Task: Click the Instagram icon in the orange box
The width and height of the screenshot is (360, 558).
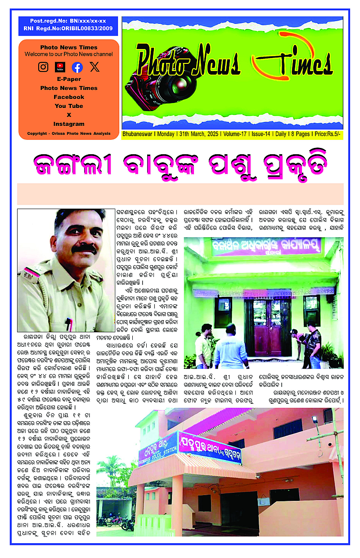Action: (43, 67)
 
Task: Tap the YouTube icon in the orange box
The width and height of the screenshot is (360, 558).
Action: (60, 67)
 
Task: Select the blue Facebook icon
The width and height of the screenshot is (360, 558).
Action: (77, 67)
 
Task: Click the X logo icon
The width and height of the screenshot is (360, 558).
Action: (94, 67)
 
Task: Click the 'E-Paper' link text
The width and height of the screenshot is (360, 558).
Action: (69, 79)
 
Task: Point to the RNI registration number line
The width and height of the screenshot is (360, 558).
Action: (68, 29)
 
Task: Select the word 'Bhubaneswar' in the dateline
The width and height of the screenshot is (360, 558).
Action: (138, 134)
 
